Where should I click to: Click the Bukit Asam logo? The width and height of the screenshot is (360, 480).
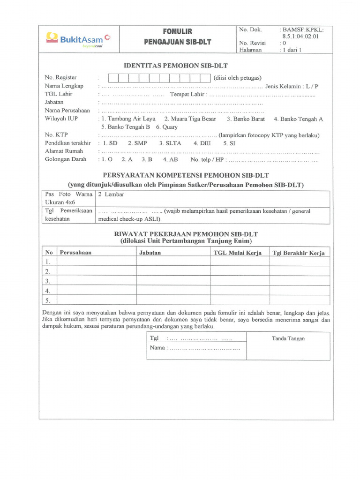click(78, 38)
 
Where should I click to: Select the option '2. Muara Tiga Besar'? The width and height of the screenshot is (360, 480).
click(190, 119)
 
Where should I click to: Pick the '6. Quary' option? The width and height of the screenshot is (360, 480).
click(167, 127)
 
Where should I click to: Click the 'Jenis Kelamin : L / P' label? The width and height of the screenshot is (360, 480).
click(292, 86)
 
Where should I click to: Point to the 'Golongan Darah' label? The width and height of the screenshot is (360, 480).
click(66, 159)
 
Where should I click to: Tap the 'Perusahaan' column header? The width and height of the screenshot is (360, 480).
click(75, 253)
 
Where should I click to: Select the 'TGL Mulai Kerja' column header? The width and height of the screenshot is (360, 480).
click(237, 253)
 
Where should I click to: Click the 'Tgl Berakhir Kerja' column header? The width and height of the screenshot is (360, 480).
click(299, 253)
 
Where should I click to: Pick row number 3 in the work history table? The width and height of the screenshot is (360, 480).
click(47, 281)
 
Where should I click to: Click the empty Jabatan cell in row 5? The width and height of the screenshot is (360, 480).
click(173, 300)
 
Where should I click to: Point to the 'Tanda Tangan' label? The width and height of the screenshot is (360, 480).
click(288, 338)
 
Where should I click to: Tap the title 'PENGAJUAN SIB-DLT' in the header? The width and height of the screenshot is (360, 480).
click(178, 42)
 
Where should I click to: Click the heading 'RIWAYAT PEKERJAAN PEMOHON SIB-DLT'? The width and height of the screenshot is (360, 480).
click(186, 234)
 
